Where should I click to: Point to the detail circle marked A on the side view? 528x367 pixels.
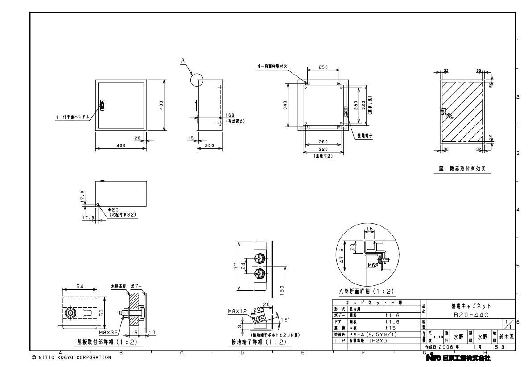click(196, 80)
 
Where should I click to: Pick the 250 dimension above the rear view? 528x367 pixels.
click(323, 67)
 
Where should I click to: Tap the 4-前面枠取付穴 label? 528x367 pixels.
click(272, 66)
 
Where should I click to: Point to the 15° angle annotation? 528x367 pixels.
click(284, 320)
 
